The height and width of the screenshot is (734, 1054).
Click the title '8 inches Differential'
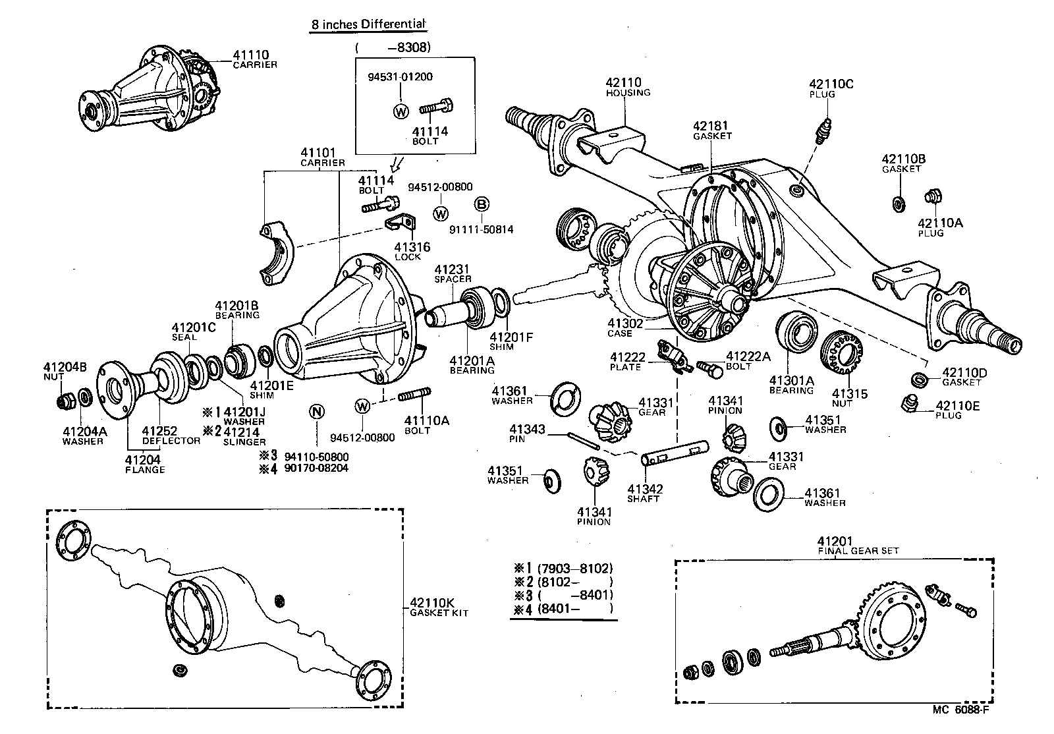(x=368, y=25)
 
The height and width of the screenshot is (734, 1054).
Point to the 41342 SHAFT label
(x=644, y=493)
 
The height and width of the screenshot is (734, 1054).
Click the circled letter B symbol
(x=482, y=204)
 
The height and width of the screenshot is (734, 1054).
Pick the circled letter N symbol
(x=317, y=412)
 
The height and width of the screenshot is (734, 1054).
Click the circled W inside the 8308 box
(x=401, y=111)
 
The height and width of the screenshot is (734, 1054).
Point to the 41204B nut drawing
(x=65, y=401)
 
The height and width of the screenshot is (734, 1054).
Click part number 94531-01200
(x=400, y=76)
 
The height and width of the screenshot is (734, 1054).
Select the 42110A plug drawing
(x=931, y=196)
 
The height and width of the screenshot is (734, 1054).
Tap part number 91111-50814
(x=481, y=229)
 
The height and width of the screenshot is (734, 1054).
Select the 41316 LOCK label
(x=412, y=250)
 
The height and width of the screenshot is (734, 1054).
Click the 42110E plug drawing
(x=910, y=404)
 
